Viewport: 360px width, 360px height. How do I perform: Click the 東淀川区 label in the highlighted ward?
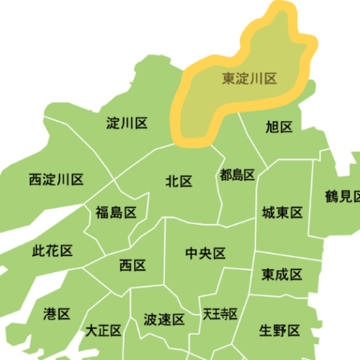249,78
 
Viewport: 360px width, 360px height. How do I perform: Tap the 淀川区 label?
127,123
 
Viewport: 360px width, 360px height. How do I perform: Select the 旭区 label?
279,127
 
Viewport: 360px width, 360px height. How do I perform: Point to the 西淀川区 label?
57,179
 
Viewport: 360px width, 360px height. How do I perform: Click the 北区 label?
179,181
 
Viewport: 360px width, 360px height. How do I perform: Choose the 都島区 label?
238,174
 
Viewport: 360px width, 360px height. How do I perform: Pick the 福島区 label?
116,212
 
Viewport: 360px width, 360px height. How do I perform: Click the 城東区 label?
282,212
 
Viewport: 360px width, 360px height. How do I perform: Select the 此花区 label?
53,251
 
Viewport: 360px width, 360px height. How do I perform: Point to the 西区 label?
132,266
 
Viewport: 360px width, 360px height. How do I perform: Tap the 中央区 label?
205,253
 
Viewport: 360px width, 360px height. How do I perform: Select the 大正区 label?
104,330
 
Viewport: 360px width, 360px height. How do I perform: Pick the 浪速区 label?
164,319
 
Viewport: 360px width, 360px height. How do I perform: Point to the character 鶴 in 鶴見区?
330,195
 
